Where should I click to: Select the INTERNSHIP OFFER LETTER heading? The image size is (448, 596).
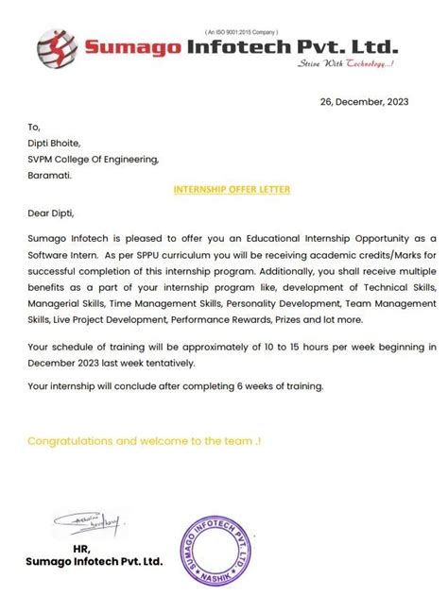pyautogui.click(x=232, y=189)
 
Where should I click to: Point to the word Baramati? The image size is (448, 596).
pyautogui.click(x=50, y=175)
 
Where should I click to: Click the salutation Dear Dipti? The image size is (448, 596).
pyautogui.click(x=51, y=213)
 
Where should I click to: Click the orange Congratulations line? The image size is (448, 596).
pyautogui.click(x=143, y=441)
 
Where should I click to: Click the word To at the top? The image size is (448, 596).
pyautogui.click(x=34, y=127)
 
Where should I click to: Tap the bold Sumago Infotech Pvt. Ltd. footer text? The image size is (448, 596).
pyautogui.click(x=95, y=561)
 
